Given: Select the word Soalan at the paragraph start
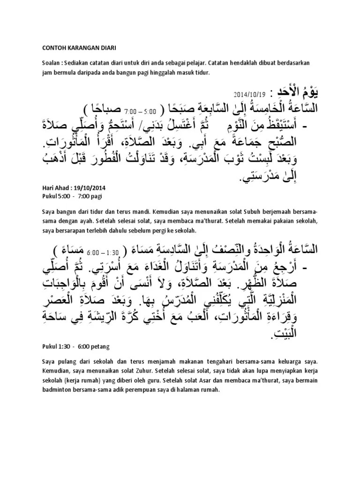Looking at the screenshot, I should point(52,63).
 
